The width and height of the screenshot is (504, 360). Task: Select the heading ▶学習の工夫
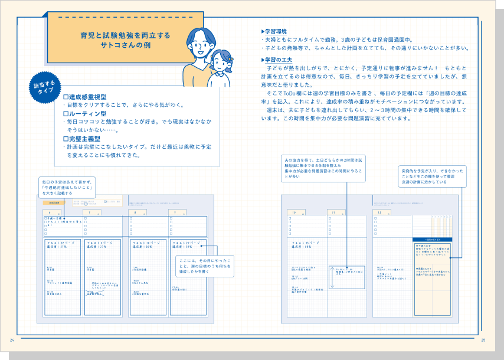pyautogui.click(x=276, y=60)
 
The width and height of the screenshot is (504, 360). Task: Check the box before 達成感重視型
pyautogui.click(x=66, y=96)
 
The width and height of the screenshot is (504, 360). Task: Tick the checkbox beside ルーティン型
pyautogui.click(x=66, y=113)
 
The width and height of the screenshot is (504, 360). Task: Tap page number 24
pyautogui.click(x=12, y=341)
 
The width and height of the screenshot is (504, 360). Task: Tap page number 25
pyautogui.click(x=483, y=341)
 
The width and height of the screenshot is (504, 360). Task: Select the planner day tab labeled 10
pyautogui.click(x=296, y=212)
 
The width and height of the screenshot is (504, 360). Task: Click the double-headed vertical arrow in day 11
pyautogui.click(x=332, y=277)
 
